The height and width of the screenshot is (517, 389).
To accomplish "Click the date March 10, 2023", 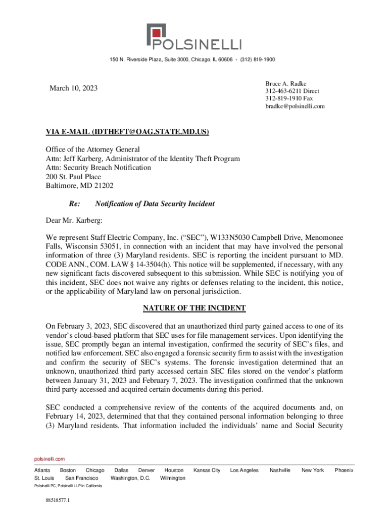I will pyautogui.click(x=73, y=89).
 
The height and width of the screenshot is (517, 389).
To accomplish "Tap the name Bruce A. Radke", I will pyautogui.click(x=286, y=83).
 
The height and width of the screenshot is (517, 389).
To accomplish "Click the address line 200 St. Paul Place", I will pyautogui.click(x=73, y=177).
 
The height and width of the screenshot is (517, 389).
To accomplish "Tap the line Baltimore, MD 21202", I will pyautogui.click(x=80, y=186).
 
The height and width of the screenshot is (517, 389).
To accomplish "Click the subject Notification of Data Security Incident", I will pyautogui.click(x=155, y=204).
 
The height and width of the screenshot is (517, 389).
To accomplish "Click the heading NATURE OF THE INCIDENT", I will pyautogui.click(x=194, y=308).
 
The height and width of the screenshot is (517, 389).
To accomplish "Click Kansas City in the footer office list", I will pyautogui.click(x=207, y=470).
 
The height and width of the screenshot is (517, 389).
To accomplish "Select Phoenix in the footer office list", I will pyautogui.click(x=344, y=470).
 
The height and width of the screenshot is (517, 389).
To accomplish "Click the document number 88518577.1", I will pyautogui.click(x=57, y=500).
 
